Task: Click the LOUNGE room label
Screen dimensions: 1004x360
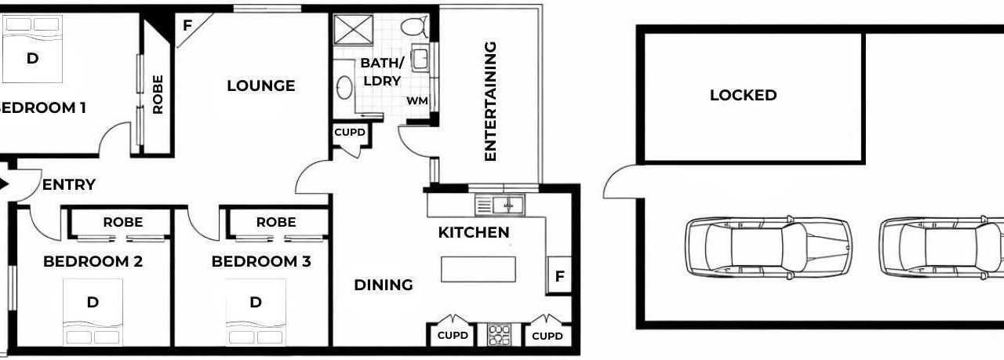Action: [261, 85]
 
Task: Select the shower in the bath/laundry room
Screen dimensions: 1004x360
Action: [354, 30]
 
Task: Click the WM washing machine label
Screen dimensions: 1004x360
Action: [417, 101]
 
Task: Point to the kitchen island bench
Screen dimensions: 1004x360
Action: [478, 269]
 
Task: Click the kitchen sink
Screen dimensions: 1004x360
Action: [500, 205]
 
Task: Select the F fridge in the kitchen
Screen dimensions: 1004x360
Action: [559, 276]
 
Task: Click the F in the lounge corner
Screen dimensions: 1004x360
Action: [187, 26]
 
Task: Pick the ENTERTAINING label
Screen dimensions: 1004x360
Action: [491, 101]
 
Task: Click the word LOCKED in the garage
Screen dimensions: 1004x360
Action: [743, 95]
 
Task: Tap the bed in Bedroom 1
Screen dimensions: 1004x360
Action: [32, 49]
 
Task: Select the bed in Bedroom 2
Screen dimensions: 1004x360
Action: [93, 312]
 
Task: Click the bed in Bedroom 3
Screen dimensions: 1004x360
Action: [256, 312]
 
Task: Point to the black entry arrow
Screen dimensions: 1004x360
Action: [4, 184]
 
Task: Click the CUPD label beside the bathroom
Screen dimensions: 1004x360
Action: [350, 133]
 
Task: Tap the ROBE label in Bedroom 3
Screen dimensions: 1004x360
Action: [276, 222]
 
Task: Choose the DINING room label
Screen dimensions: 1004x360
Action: [384, 285]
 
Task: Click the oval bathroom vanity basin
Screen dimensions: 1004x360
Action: [344, 87]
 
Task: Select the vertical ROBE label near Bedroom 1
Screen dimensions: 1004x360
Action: [158, 95]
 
